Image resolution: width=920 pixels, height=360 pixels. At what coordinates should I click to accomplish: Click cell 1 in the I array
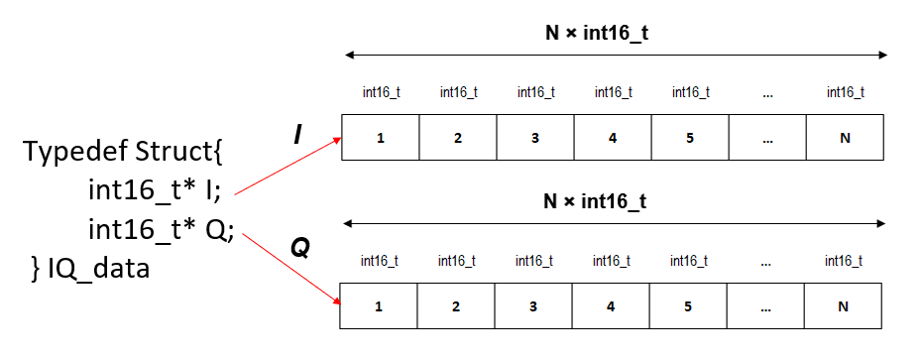coord(380,138)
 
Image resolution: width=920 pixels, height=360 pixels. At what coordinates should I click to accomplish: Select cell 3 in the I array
coord(534,138)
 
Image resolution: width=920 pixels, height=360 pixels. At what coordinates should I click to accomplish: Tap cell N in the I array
coord(845,138)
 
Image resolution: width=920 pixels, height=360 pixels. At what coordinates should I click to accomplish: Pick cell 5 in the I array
coord(690,138)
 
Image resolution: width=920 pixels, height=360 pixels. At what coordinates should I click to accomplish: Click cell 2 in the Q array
coord(456,306)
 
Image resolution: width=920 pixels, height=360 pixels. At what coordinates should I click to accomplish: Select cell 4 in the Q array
coord(612,306)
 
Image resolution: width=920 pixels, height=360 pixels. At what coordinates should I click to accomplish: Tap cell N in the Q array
coord(843,306)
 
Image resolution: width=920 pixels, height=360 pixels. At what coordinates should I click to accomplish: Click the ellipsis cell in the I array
coord(767,138)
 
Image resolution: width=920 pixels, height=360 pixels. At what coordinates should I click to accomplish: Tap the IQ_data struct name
coord(97,268)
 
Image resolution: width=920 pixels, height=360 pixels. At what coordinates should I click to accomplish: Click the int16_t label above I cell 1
coord(381,92)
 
